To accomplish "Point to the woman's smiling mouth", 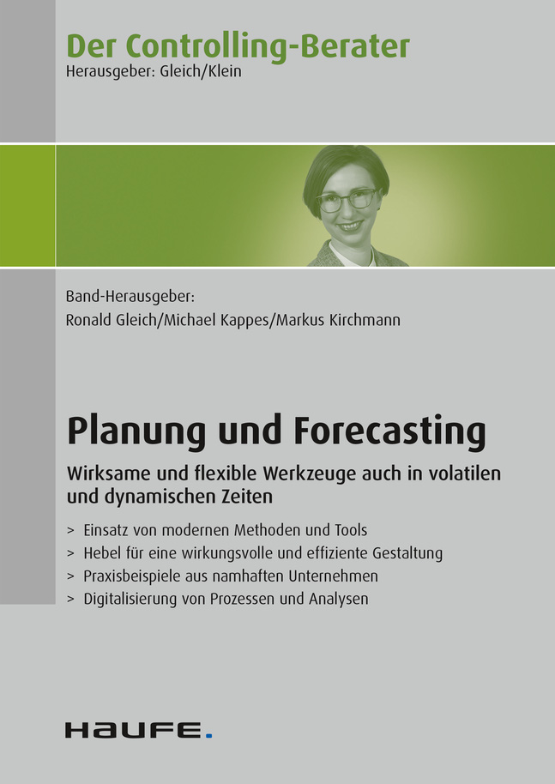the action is point(351,226).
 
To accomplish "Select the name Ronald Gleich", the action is point(111,320).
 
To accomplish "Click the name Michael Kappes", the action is point(216,321).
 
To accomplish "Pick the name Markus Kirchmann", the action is point(338,320).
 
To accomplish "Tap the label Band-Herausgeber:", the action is point(130,297).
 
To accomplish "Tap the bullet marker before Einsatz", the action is point(71,530).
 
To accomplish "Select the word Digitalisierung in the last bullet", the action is point(130,599).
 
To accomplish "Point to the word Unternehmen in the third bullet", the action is point(333,576).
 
